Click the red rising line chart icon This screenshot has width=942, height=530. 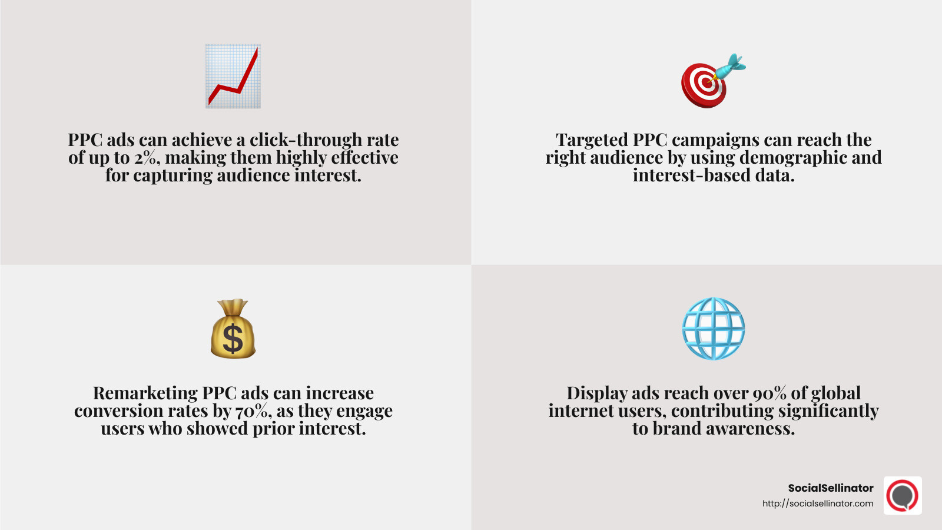233,76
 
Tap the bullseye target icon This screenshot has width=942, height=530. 704,84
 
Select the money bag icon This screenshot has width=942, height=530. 233,330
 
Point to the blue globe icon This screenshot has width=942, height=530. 713,329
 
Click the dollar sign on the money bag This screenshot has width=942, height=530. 233,339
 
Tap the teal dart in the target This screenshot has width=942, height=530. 730,67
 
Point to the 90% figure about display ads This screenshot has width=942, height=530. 769,393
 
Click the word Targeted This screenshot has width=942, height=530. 592,140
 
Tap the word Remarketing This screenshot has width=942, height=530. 145,393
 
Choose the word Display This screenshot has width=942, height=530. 596,393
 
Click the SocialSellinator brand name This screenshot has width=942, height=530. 830,488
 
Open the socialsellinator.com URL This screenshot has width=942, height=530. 818,503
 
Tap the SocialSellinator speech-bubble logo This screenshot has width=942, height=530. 903,495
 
